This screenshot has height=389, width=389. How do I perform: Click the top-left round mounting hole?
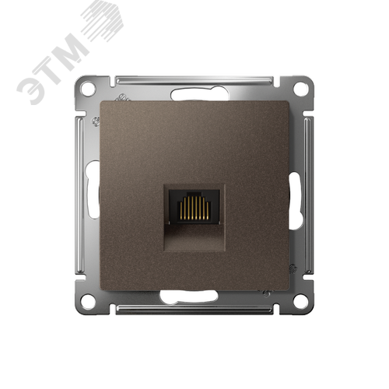click(x=88, y=88)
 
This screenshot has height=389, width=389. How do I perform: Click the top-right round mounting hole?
click(x=301, y=88)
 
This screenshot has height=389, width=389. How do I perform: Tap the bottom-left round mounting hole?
click(x=88, y=301)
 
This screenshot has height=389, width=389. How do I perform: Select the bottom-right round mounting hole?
click(x=301, y=301)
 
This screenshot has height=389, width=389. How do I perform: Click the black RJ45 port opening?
click(x=194, y=207)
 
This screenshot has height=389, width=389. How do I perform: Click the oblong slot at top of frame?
click(x=200, y=94)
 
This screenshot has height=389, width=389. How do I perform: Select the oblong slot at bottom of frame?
click(x=189, y=296)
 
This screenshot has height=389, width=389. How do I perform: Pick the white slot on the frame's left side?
click(x=93, y=189)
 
